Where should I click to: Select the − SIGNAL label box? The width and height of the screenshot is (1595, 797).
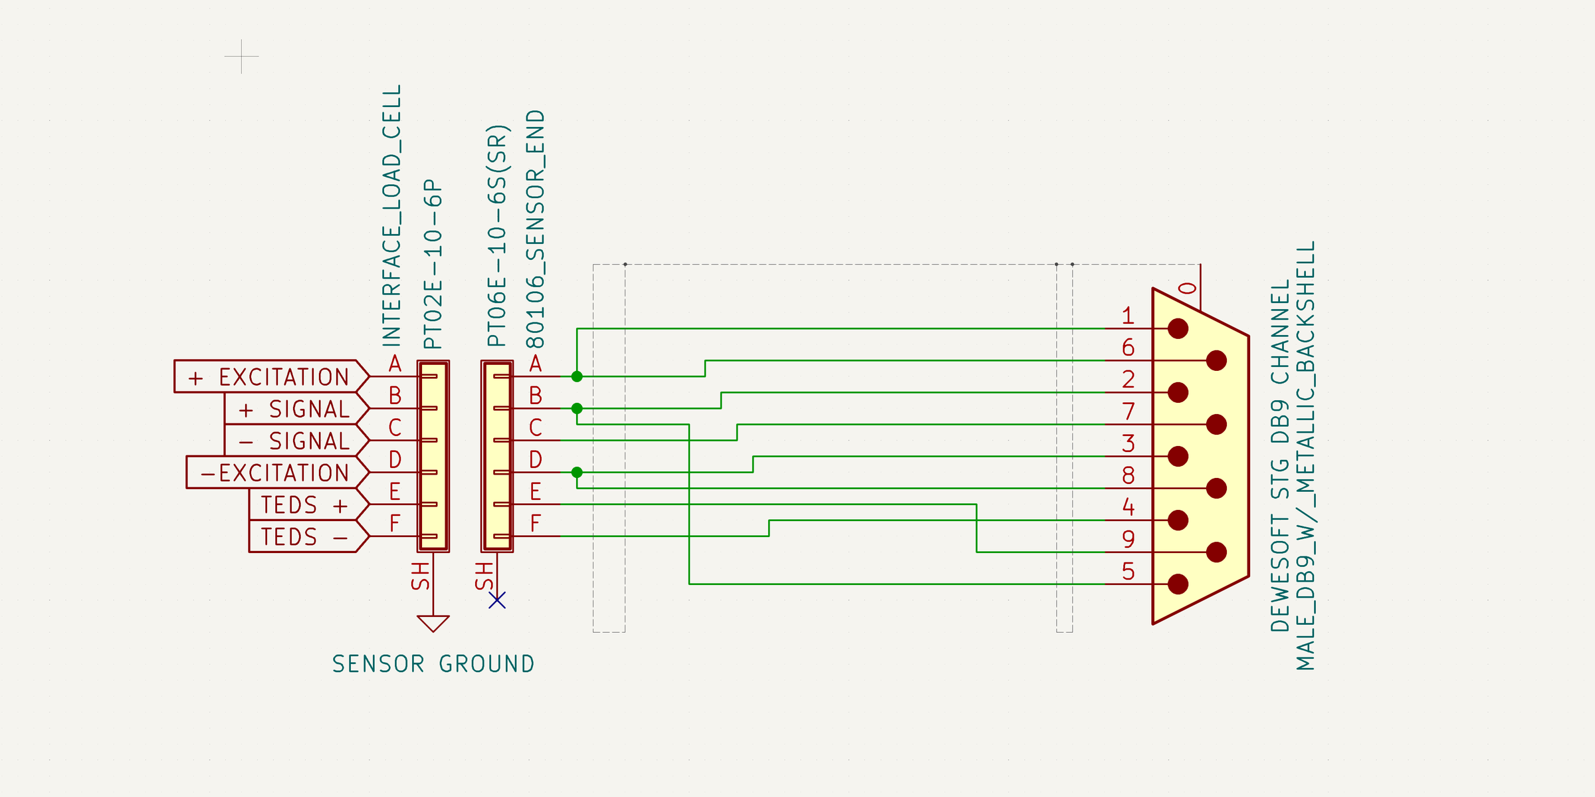[296, 441]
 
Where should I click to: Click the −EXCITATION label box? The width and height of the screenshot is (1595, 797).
[276, 473]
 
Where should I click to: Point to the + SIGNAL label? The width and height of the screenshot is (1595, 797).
[296, 409]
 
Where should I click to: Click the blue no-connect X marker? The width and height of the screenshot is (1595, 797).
[497, 601]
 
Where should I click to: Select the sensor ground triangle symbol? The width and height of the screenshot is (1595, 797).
[433, 624]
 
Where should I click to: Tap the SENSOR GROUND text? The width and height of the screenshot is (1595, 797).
[433, 664]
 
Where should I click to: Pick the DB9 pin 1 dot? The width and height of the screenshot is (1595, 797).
[1178, 328]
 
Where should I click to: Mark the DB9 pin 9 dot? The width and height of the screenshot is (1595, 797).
[1216, 552]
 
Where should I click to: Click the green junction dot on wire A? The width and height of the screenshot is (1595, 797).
[577, 377]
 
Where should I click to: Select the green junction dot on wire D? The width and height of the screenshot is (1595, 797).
[577, 473]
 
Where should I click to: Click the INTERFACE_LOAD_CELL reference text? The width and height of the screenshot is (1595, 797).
[392, 215]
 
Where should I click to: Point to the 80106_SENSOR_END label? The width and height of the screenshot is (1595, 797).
[536, 229]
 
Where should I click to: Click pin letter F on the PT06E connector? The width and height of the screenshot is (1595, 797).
[536, 524]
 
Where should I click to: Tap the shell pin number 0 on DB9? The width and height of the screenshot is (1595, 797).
[1188, 288]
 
